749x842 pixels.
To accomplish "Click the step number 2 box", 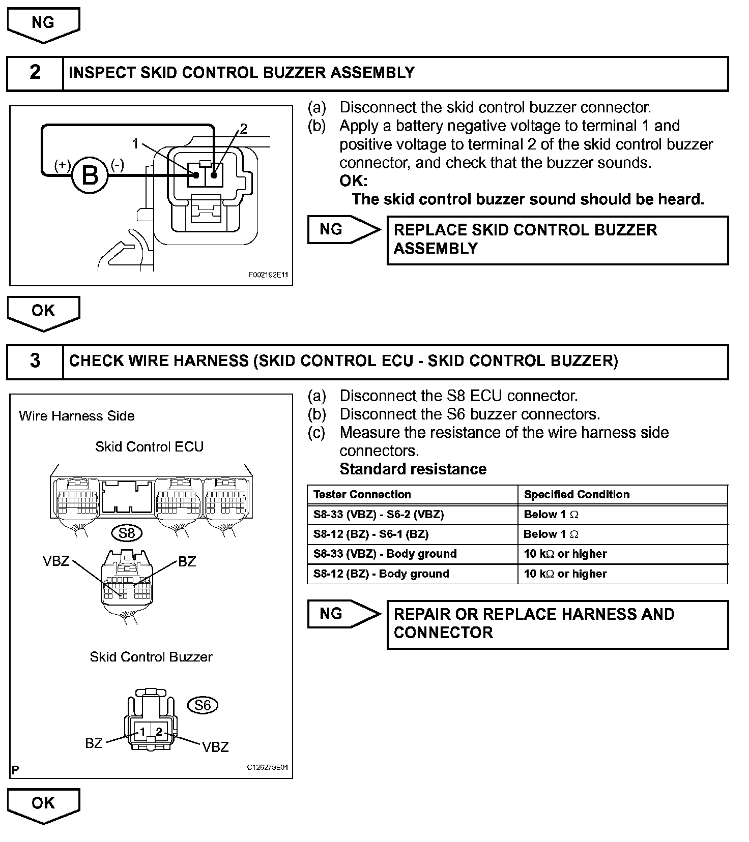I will point(35,73).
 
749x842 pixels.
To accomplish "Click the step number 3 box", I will point(35,362).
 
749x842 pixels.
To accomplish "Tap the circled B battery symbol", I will point(90,176).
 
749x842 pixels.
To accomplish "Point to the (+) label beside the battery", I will point(63,165).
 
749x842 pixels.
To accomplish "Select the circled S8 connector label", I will point(127,533).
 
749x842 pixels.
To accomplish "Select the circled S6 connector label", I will point(203,705).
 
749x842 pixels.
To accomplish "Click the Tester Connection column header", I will point(362,494).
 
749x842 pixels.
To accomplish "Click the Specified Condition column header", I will point(577,494).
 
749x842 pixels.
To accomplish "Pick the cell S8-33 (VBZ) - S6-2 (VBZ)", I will point(379,514).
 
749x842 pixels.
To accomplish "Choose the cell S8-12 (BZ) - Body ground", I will point(381,574).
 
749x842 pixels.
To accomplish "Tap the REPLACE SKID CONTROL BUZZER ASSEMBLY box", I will point(557,240).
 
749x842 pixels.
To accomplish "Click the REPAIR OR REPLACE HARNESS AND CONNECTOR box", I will point(557,624).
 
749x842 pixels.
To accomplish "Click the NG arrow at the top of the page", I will point(43,24).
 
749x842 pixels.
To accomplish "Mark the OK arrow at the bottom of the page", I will point(43,805).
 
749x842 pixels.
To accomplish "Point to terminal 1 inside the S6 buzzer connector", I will point(142,732).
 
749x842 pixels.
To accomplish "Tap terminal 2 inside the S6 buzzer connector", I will point(159,732).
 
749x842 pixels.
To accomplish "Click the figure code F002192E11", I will point(269,275).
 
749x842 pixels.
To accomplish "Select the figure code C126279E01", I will point(267,767).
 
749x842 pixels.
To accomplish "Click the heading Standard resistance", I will point(413,469).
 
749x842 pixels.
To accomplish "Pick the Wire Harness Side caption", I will point(76,416).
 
